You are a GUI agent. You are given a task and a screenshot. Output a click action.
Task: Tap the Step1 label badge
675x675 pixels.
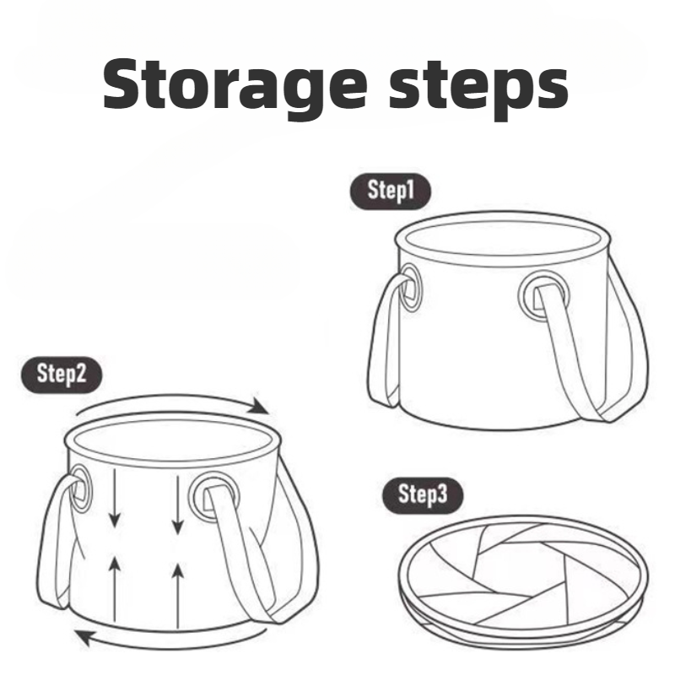(390, 191)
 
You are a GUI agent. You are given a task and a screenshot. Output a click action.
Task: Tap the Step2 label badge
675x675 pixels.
(61, 374)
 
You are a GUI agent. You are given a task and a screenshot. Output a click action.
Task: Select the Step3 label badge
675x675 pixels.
(422, 495)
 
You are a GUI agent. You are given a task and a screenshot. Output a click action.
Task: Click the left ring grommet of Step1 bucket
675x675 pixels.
(412, 287)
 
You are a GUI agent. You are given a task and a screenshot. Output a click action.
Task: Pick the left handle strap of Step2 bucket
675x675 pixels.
(52, 540)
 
